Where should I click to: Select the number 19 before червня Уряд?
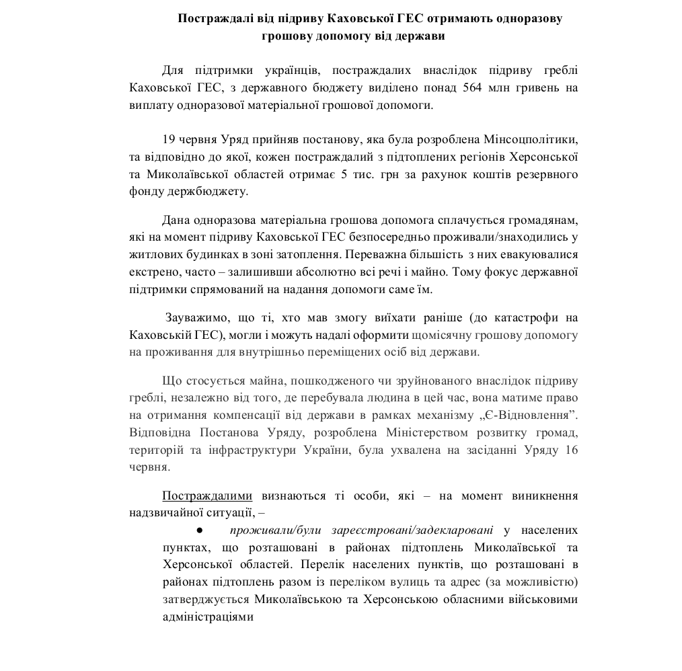coord(169,140)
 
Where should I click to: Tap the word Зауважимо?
coord(199,317)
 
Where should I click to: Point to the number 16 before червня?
coord(572,450)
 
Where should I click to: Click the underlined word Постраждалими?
coord(207,496)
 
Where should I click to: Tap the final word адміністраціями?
coord(208,615)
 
